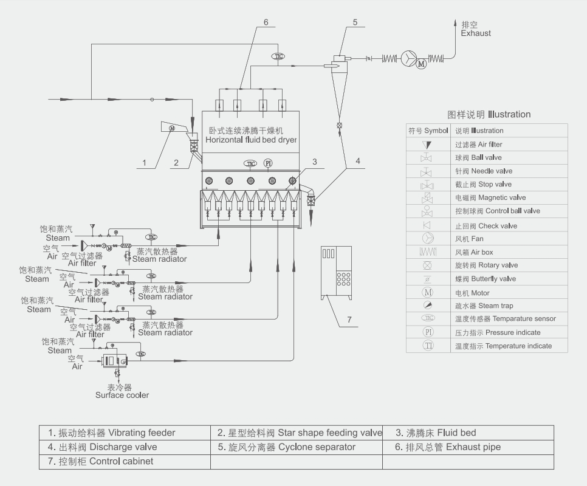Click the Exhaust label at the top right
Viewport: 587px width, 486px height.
476,33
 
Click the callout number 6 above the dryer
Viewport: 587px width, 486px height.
266,22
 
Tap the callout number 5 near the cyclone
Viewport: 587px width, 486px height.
355,22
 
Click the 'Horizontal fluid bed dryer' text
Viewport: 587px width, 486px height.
251,140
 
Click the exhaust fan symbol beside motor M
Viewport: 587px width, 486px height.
407,59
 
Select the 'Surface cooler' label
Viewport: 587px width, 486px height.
122,395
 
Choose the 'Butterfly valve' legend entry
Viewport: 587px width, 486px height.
486,279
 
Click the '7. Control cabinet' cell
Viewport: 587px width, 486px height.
101,461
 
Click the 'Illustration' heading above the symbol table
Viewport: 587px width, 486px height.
489,114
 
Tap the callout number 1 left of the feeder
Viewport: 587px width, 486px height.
145,162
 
